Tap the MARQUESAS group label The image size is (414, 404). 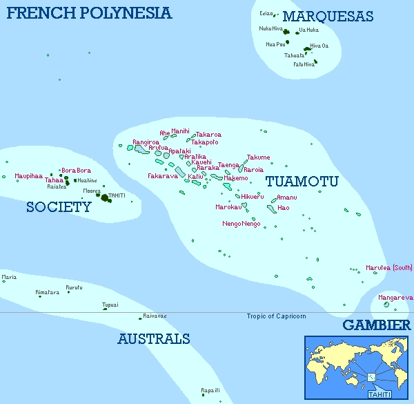[328, 17]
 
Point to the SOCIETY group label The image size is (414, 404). [59, 206]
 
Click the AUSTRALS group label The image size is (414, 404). [153, 339]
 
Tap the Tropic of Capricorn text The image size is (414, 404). [276, 316]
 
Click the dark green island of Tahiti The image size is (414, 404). [105, 198]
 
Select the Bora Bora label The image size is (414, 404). [76, 170]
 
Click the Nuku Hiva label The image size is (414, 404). [271, 28]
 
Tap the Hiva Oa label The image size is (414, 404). [319, 46]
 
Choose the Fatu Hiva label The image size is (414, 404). [304, 64]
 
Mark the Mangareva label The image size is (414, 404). [397, 298]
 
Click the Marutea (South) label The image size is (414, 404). [389, 268]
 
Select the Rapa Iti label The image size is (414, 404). [210, 390]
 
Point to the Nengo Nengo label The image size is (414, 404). [241, 224]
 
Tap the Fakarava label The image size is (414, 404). [163, 176]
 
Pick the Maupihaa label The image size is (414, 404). [29, 175]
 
